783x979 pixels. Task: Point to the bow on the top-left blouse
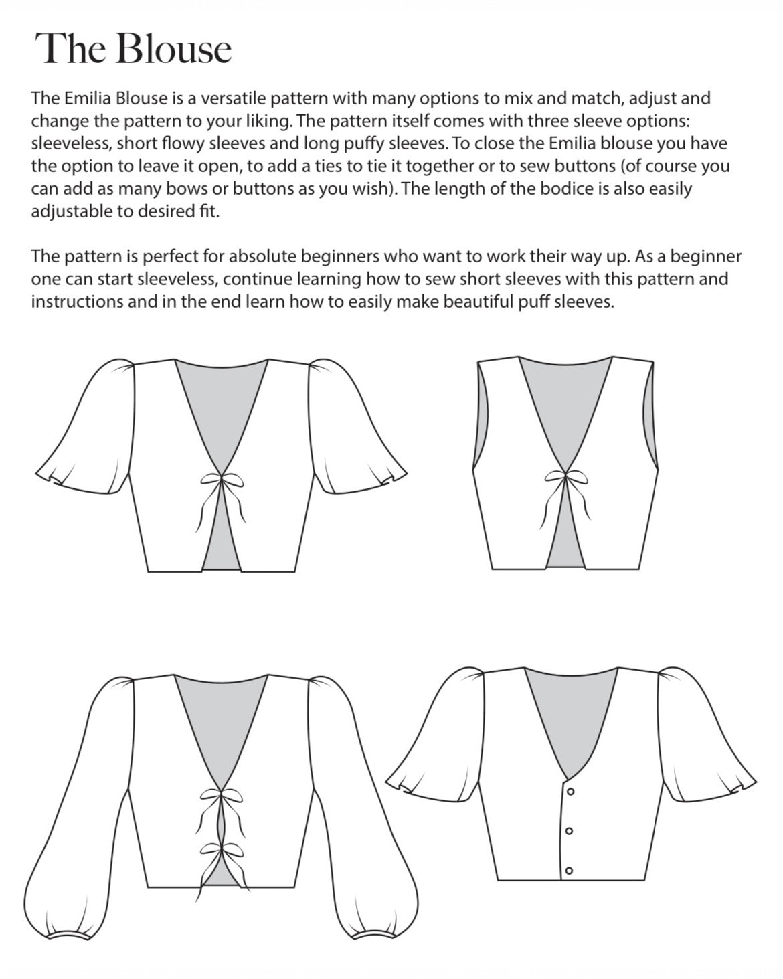coord(222,480)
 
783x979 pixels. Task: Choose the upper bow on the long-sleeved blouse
coord(221,796)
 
